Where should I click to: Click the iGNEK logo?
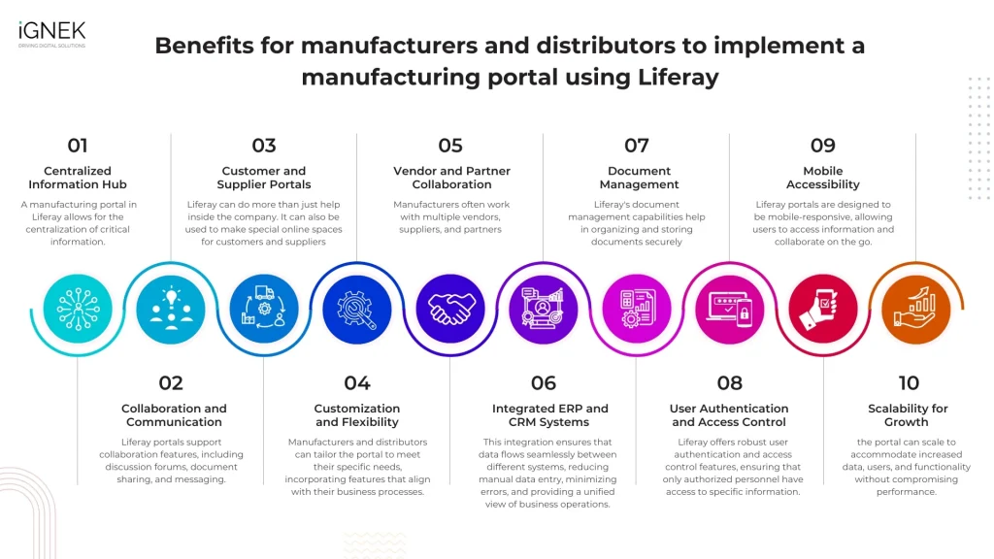(x=50, y=33)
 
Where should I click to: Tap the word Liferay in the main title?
(x=681, y=78)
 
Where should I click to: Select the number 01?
(x=78, y=146)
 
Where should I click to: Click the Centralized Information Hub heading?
(x=78, y=178)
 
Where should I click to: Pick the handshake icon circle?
(x=450, y=310)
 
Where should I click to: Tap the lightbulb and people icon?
(x=171, y=310)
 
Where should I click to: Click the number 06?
(x=543, y=383)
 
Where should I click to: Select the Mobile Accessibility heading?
(x=822, y=178)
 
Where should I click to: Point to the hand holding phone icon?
(x=822, y=310)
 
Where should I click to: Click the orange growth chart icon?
(x=915, y=310)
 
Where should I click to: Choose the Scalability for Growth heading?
(x=908, y=415)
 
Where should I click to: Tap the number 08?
(x=729, y=383)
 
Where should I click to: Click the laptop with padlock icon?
(x=729, y=310)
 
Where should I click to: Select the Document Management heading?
(x=639, y=178)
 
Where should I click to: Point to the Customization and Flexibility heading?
(x=357, y=415)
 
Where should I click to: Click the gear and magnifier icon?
(x=357, y=310)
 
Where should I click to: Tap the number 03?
(x=264, y=146)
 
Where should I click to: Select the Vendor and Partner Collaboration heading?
(x=451, y=178)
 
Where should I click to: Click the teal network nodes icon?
(x=78, y=310)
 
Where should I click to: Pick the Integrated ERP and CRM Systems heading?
(x=550, y=415)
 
